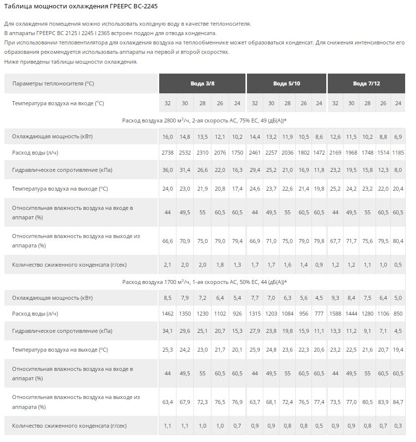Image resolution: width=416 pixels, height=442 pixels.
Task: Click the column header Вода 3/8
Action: coord(202,83)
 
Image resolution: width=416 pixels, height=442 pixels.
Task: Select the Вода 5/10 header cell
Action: coord(286,83)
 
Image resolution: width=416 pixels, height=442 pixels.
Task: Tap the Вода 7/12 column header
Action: coord(366,83)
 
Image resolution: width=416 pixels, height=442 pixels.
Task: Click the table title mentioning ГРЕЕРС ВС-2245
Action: coord(81,6)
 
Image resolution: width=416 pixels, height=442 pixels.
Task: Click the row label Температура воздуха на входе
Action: coord(58,103)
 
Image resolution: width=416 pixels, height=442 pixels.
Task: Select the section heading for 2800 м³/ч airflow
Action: coord(204,120)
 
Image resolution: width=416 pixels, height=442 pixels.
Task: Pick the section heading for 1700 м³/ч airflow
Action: coord(204,281)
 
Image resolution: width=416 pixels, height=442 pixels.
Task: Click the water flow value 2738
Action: coord(168,153)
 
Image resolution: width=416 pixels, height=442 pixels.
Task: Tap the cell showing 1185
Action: coord(398,153)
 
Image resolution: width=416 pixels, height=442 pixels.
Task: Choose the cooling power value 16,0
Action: coord(168,136)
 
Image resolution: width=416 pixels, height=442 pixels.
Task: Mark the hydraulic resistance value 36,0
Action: coord(168,170)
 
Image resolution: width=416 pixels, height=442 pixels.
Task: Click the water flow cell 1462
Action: coord(168,314)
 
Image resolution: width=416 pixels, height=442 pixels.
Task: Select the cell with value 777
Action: coord(319,314)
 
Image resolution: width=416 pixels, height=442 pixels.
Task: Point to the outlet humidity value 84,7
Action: coord(398,402)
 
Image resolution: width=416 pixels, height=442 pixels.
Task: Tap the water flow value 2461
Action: coord(254,153)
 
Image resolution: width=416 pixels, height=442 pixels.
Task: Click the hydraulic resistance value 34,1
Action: coord(168,331)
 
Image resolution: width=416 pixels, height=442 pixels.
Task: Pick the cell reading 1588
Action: coord(335,314)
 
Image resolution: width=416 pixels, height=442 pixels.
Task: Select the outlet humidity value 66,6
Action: coord(168,241)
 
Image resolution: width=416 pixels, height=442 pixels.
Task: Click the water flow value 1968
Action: coord(351,153)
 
